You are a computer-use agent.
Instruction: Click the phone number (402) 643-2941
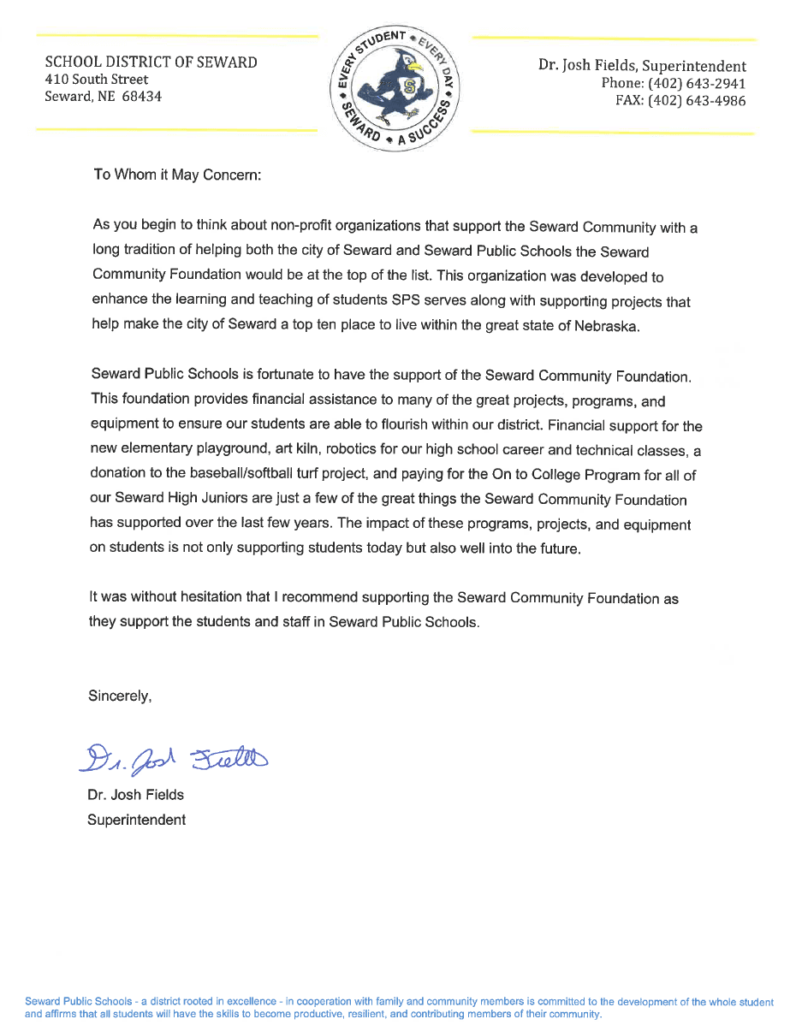[698, 83]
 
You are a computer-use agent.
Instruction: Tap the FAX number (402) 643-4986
[698, 100]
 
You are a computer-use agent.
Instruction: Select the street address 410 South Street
[96, 80]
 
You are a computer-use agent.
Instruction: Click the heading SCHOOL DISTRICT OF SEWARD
[151, 62]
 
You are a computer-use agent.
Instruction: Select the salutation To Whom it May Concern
[176, 175]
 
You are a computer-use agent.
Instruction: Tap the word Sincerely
[120, 696]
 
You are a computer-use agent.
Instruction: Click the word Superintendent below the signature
[137, 820]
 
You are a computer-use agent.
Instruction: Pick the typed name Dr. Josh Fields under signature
[136, 795]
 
